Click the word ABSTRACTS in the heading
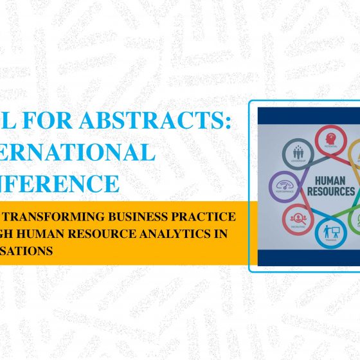(172, 120)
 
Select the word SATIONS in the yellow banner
(27, 251)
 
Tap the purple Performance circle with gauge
(281, 184)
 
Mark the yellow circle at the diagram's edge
(355, 152)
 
